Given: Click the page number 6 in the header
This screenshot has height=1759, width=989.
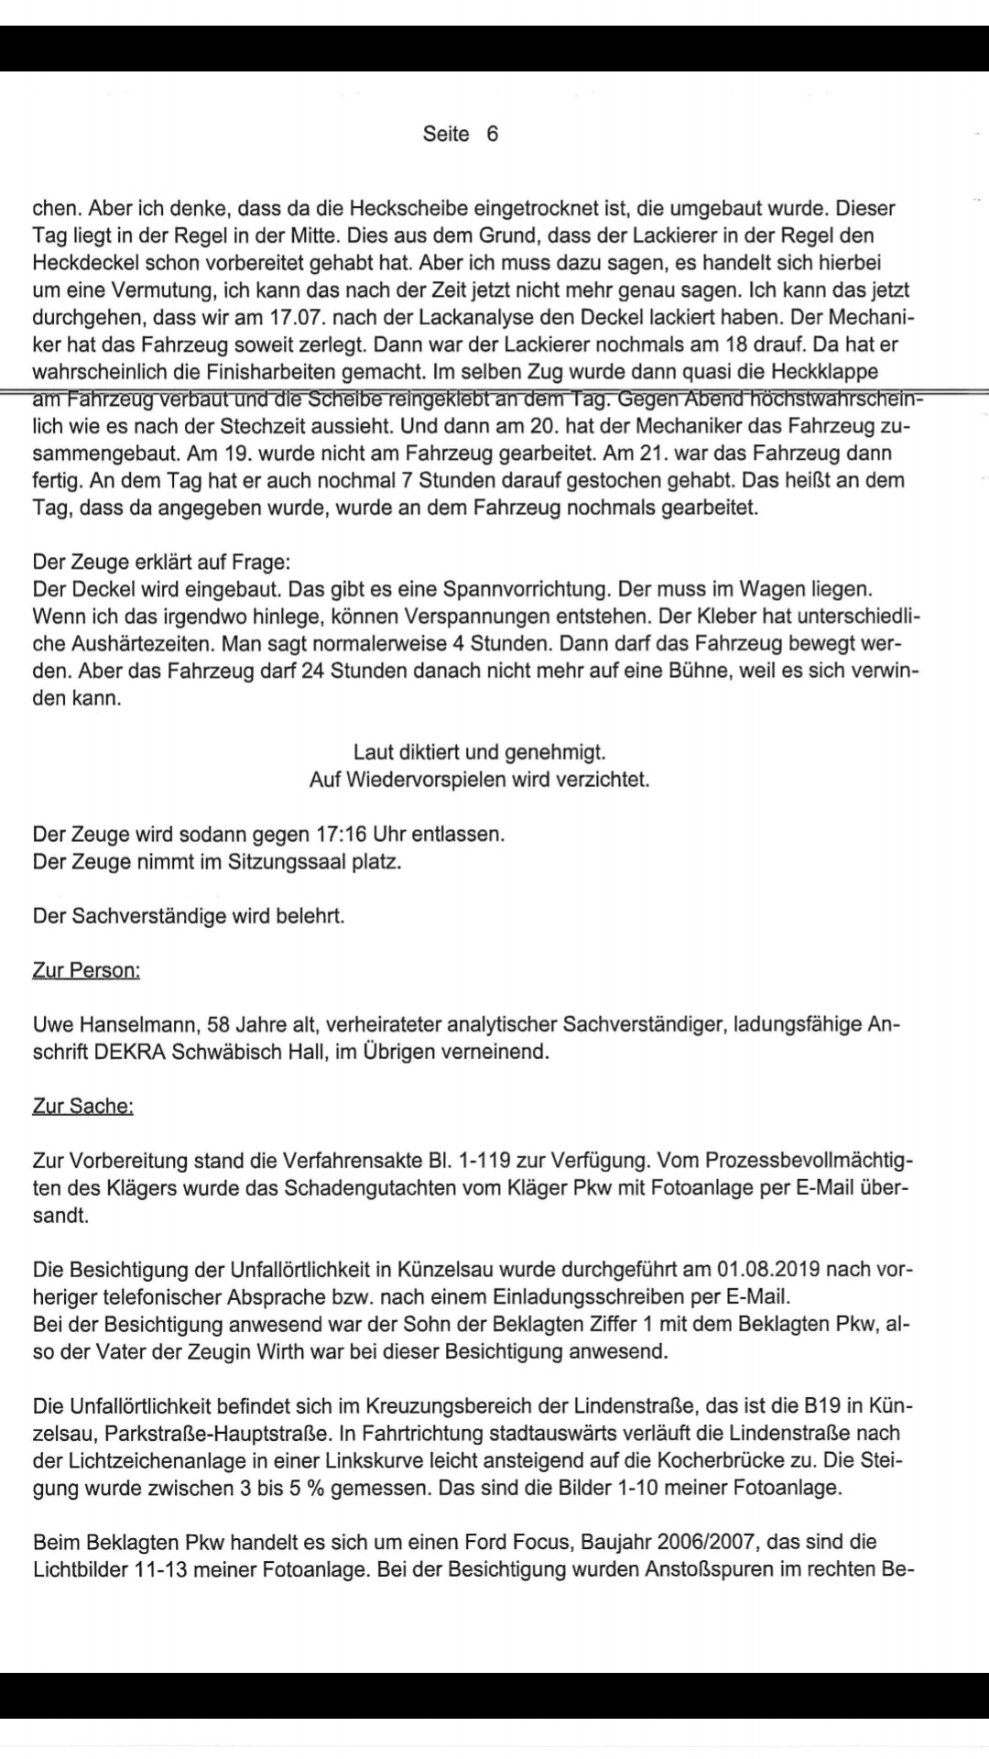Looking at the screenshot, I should point(493,134).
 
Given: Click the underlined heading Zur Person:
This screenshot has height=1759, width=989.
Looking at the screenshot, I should point(86,969).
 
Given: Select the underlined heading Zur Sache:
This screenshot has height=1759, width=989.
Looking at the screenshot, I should point(82,1106).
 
